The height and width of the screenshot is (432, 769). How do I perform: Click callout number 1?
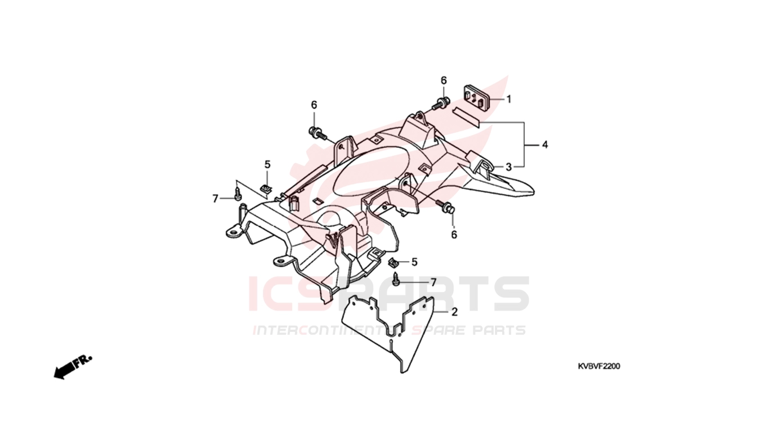pos(509,99)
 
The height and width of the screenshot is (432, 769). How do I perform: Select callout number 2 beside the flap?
pos(454,312)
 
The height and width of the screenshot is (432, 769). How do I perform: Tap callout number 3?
pos(508,167)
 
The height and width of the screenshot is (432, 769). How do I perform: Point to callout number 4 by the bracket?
pos(545,145)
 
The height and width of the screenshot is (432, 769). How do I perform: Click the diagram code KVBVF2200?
pos(599,366)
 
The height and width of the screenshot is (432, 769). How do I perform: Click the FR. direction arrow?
pos(73,368)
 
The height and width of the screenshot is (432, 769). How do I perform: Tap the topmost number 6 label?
pos(444,80)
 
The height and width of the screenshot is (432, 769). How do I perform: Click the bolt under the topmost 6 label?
pos(440,103)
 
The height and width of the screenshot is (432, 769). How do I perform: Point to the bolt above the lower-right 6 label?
pos(446,206)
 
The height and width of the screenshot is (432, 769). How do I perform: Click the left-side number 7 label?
pos(215,199)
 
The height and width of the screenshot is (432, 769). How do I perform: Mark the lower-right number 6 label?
pos(454,235)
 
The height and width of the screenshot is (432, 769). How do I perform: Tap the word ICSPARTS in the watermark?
pos(388,294)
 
